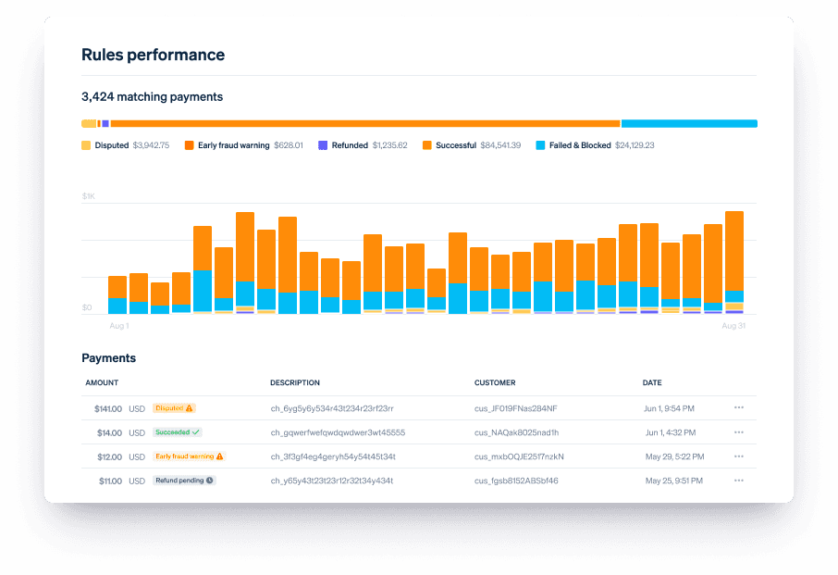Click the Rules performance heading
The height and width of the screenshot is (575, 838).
[153, 55]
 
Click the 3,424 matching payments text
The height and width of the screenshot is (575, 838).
[152, 97]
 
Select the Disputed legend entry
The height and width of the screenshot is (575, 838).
[125, 145]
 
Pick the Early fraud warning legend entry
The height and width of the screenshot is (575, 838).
[243, 145]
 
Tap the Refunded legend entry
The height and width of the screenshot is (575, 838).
[363, 145]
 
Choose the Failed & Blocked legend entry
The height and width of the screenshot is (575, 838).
[595, 145]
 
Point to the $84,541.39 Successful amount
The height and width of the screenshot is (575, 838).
[500, 145]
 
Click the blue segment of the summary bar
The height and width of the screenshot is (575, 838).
[689, 123]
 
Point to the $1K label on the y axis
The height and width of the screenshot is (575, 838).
[88, 196]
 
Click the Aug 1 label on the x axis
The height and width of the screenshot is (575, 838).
[119, 325]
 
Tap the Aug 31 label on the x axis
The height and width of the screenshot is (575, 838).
[733, 325]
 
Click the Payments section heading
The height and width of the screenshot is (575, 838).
[108, 357]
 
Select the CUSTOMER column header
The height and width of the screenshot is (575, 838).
[495, 382]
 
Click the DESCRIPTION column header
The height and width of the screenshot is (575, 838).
[294, 382]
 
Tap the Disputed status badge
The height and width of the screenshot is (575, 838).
[174, 408]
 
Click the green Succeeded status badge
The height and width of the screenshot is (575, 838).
[178, 432]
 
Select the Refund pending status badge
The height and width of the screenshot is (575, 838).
[184, 481]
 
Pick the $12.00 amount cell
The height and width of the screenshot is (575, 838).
[109, 456]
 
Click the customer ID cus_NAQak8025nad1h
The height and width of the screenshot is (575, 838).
[516, 432]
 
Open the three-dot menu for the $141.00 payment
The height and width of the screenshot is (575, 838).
[739, 407]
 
